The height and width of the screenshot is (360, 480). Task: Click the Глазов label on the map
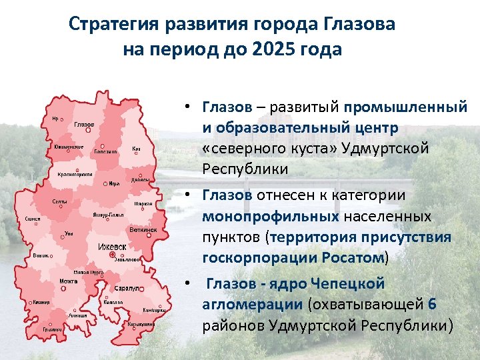(84, 125)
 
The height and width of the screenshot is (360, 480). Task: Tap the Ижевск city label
(112, 247)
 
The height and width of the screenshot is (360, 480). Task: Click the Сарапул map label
(126, 289)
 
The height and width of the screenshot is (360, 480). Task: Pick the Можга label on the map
(68, 281)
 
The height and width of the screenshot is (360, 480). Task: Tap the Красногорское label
(74, 174)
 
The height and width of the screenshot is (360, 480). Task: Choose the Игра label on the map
(114, 183)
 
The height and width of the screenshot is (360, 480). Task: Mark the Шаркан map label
(143, 203)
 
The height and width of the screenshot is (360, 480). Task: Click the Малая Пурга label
(87, 272)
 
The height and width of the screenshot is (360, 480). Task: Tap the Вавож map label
(41, 256)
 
